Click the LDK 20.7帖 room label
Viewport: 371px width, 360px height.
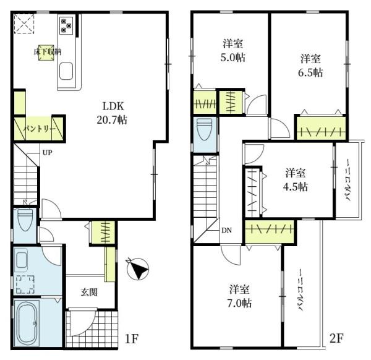(x=112, y=113)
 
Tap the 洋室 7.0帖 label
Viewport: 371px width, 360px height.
(x=239, y=296)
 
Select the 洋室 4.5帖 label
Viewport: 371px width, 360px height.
(x=296, y=180)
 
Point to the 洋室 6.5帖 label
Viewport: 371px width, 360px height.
(x=310, y=66)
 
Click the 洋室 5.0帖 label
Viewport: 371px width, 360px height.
(x=233, y=51)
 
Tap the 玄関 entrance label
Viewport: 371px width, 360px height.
(x=89, y=293)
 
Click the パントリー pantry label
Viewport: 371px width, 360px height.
(x=40, y=129)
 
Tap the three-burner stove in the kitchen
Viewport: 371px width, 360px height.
(x=66, y=25)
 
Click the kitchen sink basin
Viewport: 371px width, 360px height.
(x=66, y=71)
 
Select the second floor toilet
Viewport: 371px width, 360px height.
(x=205, y=130)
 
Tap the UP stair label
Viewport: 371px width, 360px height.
(x=48, y=153)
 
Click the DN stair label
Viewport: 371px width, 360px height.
(x=227, y=230)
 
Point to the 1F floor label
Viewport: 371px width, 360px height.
(x=131, y=339)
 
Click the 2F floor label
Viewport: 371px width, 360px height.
(x=336, y=338)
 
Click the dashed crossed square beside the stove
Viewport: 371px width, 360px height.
(x=24, y=24)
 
